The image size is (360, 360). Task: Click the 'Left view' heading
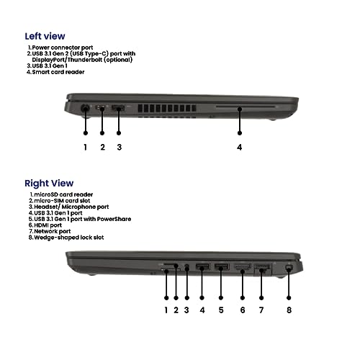pyautogui.click(x=45, y=36)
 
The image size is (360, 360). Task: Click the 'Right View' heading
pyautogui.click(x=49, y=183)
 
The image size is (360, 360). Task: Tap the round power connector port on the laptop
pyautogui.click(x=85, y=108)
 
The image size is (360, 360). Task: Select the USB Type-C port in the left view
pyautogui.click(x=101, y=107)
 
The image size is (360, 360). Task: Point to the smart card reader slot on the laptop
pyautogui.click(x=245, y=107)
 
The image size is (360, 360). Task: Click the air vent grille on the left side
pyautogui.click(x=167, y=109)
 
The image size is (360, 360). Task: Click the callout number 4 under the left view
pyautogui.click(x=239, y=147)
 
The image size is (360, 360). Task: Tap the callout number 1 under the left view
pyautogui.click(x=85, y=147)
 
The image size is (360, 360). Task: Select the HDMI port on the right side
pyautogui.click(x=243, y=267)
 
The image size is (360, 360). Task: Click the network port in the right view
pyautogui.click(x=262, y=269)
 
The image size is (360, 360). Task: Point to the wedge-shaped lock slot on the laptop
pyautogui.click(x=289, y=268)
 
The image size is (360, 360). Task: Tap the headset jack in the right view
pyautogui.click(x=187, y=266)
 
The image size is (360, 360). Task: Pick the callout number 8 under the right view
pyautogui.click(x=289, y=310)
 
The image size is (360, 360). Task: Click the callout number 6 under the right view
pyautogui.click(x=243, y=310)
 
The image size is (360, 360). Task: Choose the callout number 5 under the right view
pyautogui.click(x=221, y=310)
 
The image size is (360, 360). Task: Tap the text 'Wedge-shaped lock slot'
pyautogui.click(x=69, y=238)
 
